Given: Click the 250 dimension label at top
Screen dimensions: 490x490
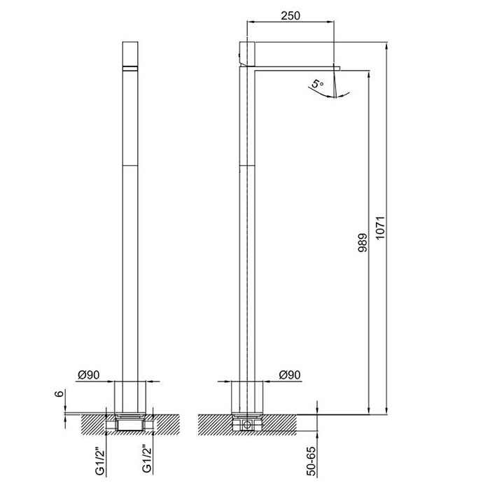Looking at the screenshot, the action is (x=290, y=15).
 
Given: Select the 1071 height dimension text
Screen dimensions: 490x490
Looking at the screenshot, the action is (x=380, y=227).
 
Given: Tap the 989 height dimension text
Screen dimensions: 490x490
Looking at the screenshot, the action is (x=363, y=242).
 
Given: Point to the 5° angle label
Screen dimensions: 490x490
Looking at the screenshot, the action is (x=318, y=84).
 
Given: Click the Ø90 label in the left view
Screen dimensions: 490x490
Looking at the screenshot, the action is (x=88, y=374).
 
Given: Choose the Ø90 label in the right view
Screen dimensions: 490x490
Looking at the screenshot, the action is (x=289, y=374).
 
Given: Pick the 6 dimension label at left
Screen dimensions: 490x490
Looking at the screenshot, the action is (x=59, y=393).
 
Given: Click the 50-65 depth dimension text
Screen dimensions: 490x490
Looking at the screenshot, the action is (x=311, y=461).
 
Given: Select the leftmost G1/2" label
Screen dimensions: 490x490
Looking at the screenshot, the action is (x=100, y=461).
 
